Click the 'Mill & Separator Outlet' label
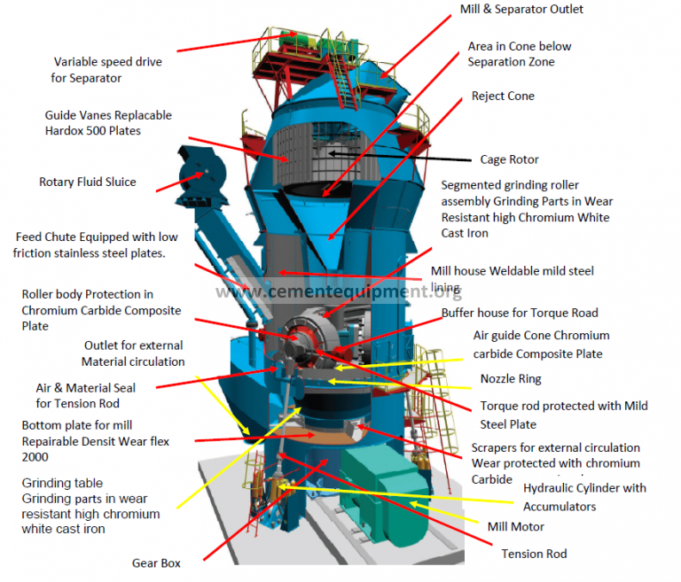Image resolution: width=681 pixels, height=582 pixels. [x=521, y=10]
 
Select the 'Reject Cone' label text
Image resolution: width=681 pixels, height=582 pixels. [x=503, y=96]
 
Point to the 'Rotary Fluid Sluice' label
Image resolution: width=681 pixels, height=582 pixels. [x=88, y=182]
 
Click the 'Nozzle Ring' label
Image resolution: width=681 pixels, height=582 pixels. [x=511, y=378]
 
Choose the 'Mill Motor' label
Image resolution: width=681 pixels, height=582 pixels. [x=516, y=527]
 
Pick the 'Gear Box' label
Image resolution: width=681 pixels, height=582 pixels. [x=157, y=563]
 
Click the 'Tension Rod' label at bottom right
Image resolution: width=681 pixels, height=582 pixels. [x=533, y=554]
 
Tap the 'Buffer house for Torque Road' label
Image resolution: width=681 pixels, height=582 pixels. [x=520, y=313]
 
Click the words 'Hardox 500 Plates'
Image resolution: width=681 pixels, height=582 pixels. [x=93, y=131]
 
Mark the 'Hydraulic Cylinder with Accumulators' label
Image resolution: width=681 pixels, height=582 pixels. [x=584, y=497]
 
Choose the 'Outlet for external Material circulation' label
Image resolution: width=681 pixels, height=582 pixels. [x=134, y=353]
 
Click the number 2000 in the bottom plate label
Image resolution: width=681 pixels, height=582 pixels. [x=36, y=457]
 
